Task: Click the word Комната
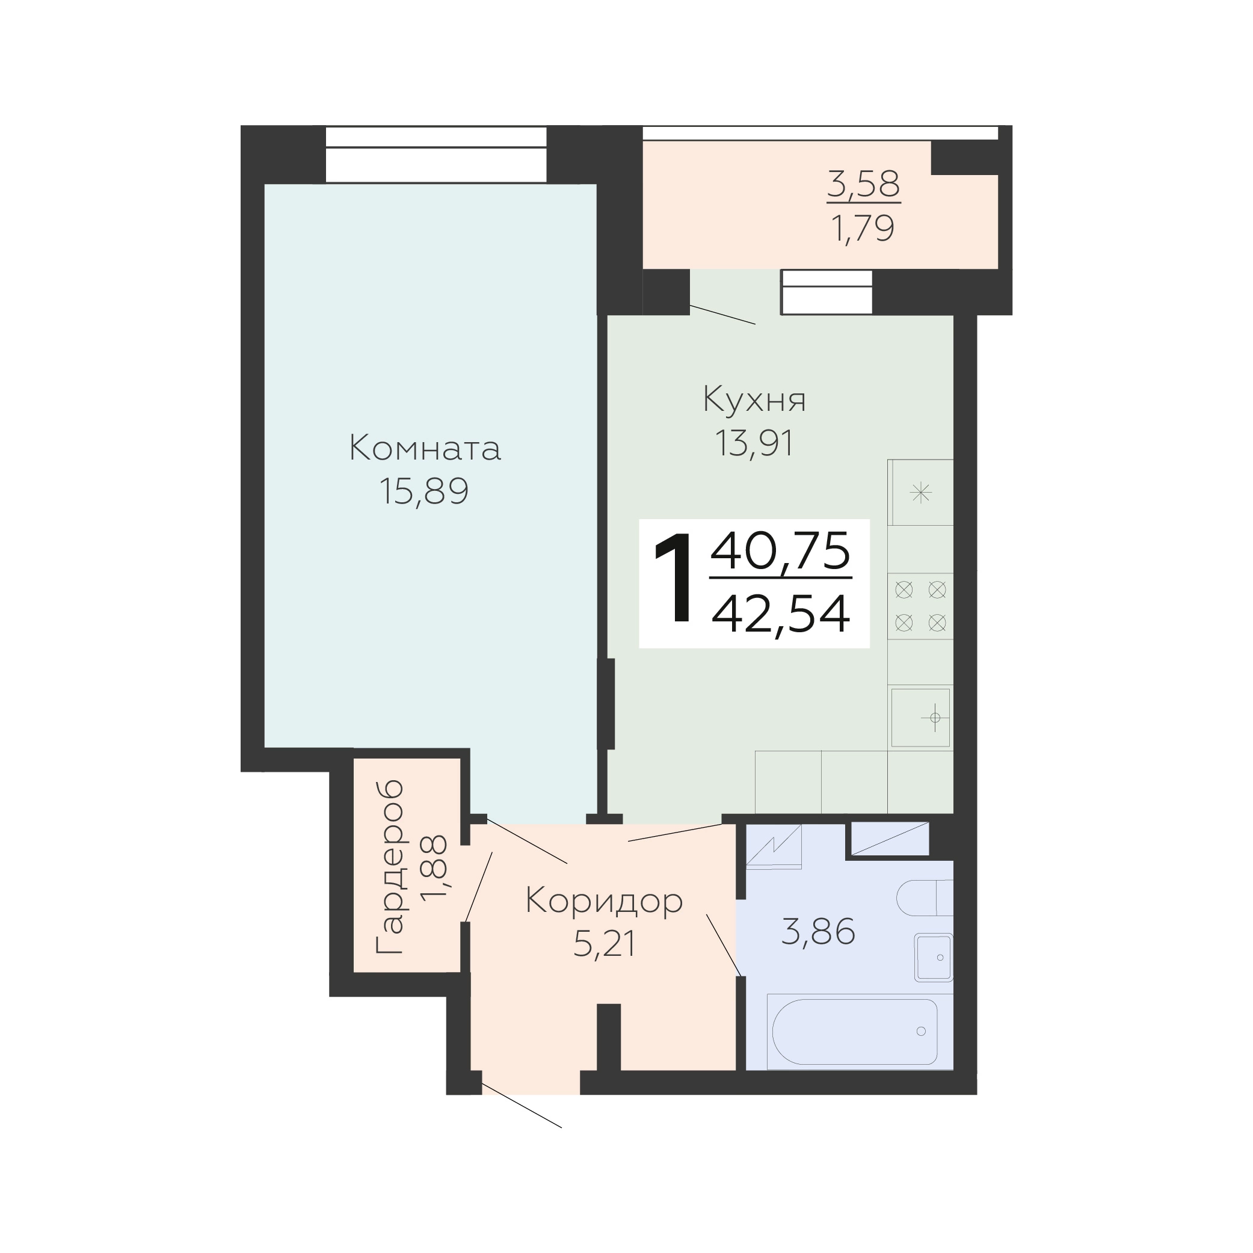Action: pyautogui.click(x=425, y=448)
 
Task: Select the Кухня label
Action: pyautogui.click(x=754, y=400)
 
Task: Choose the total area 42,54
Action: pyautogui.click(x=781, y=614)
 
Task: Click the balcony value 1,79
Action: pyautogui.click(x=863, y=229)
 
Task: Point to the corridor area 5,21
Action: pyautogui.click(x=604, y=944)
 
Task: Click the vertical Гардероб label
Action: pyautogui.click(x=390, y=866)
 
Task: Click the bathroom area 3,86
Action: pyautogui.click(x=819, y=932)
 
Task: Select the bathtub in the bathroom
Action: pyautogui.click(x=854, y=1032)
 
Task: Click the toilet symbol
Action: pyautogui.click(x=925, y=897)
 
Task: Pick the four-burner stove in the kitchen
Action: pyautogui.click(x=920, y=606)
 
